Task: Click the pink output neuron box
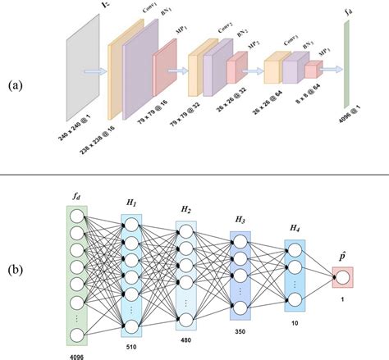point(344,278)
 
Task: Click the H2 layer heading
point(187,211)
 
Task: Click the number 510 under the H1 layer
point(132,346)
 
